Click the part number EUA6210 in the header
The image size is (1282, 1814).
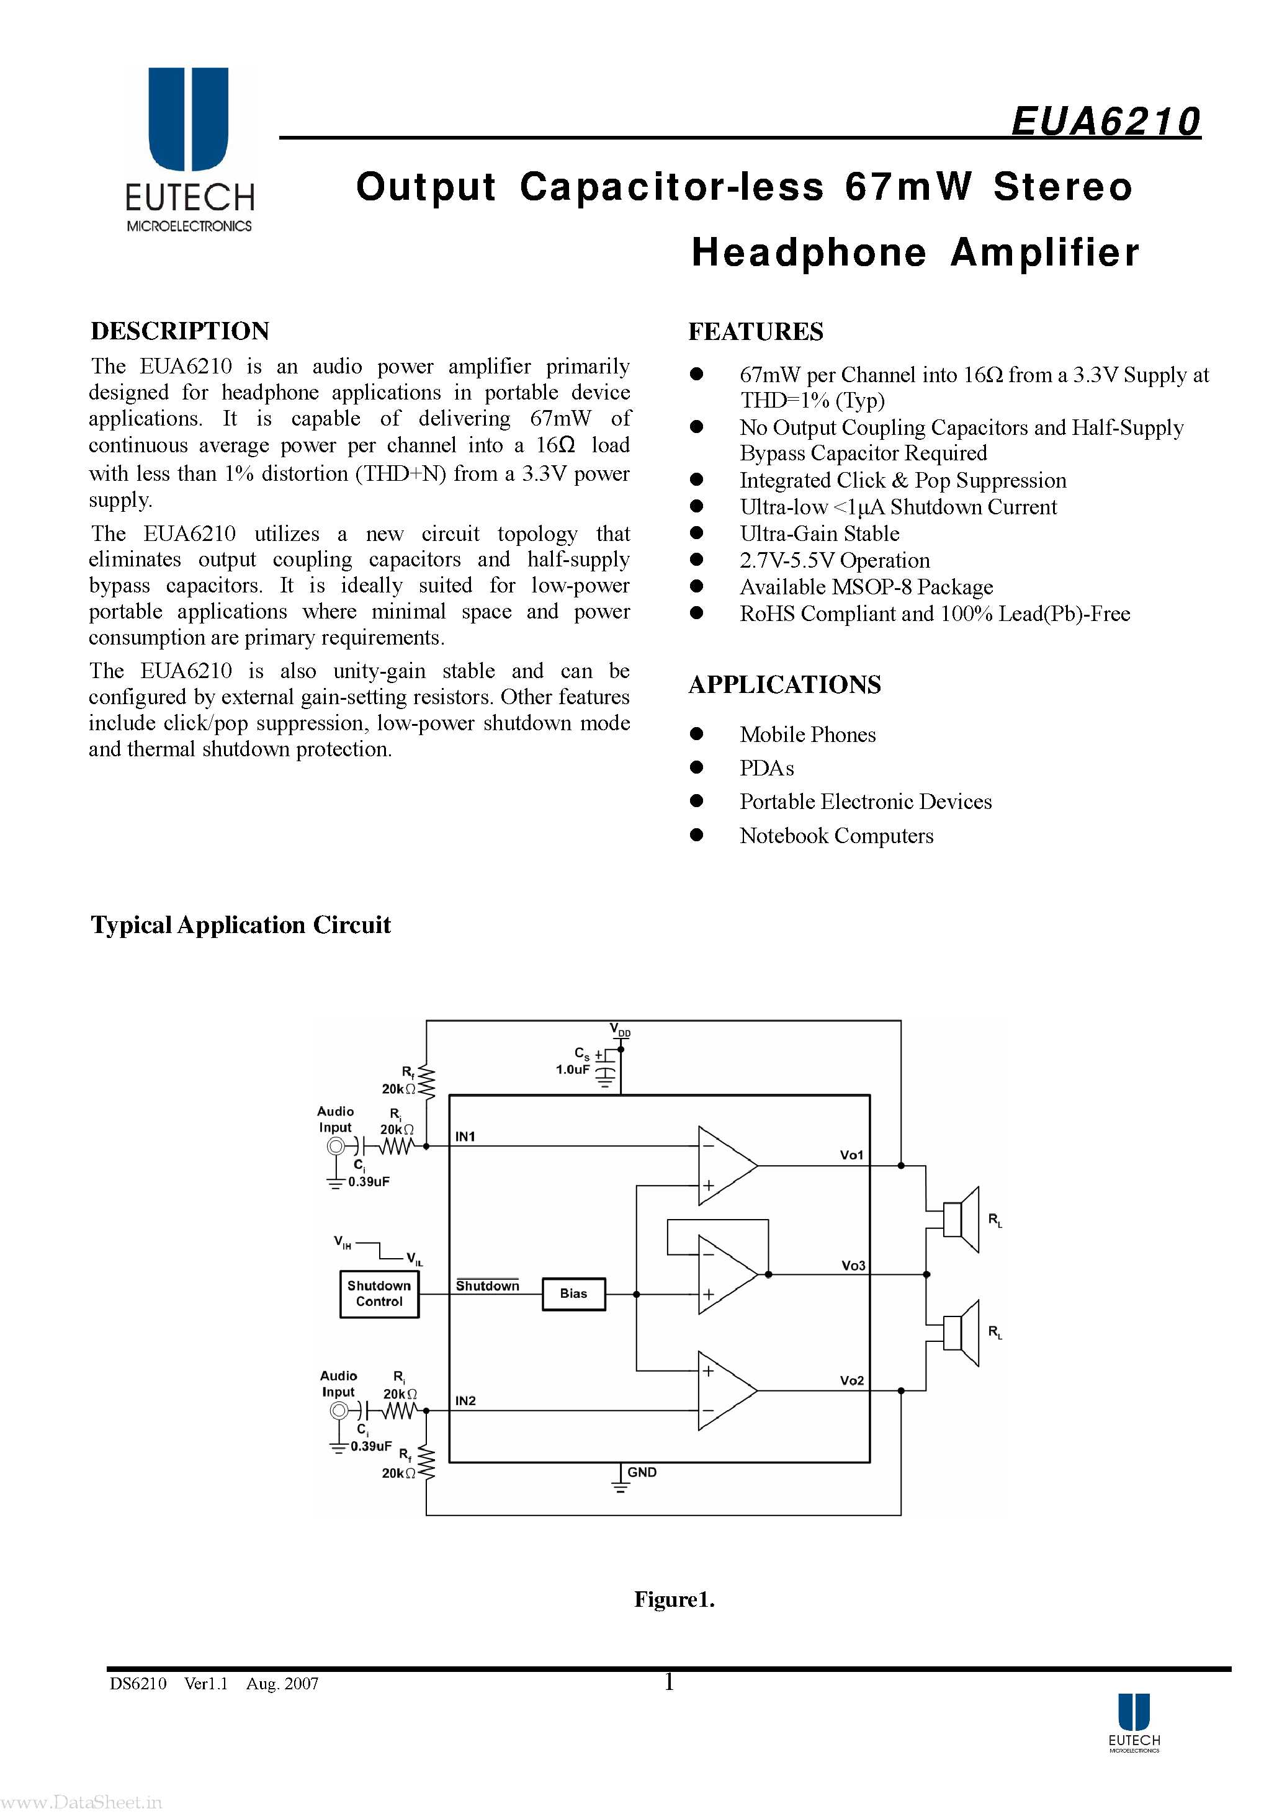coord(1105,122)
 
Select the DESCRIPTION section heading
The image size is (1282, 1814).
coord(180,331)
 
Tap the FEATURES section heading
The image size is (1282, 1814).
coord(756,332)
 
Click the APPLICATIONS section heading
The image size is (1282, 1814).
coord(784,684)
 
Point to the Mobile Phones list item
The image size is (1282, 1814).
coord(807,735)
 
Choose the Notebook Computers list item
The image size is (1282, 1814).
coord(836,836)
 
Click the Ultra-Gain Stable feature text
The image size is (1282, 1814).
coord(819,534)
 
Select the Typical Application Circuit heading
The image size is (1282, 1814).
coord(240,924)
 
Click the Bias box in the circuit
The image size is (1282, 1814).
coord(573,1293)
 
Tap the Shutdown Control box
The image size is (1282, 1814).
coord(379,1293)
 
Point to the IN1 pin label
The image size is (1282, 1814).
coord(465,1136)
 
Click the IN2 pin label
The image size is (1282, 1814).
coord(465,1401)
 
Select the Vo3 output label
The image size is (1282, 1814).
coord(853,1265)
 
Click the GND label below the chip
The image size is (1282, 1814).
coord(641,1472)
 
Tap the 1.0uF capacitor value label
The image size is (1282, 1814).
coord(572,1070)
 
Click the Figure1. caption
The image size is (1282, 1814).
coord(673,1599)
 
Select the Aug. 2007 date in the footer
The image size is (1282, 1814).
coord(282,1684)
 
